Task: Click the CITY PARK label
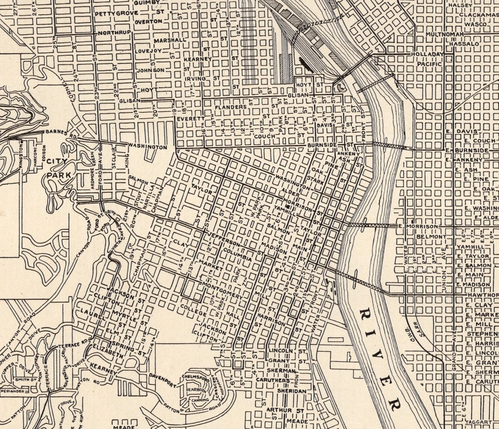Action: tap(57, 168)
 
